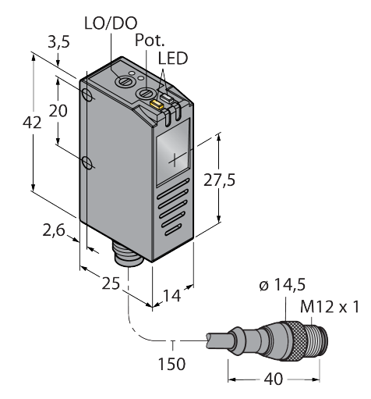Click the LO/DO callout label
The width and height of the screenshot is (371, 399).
click(x=111, y=23)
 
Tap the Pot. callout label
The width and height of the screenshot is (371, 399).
click(x=150, y=41)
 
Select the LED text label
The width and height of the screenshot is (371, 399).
click(x=173, y=59)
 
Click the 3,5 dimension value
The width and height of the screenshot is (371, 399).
click(x=58, y=42)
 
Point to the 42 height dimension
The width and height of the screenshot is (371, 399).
click(x=32, y=123)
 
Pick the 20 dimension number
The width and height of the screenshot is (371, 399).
click(x=58, y=111)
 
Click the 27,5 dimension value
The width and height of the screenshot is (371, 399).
click(x=219, y=180)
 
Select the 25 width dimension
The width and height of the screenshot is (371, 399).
click(x=111, y=283)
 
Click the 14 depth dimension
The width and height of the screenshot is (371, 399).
click(x=171, y=296)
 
